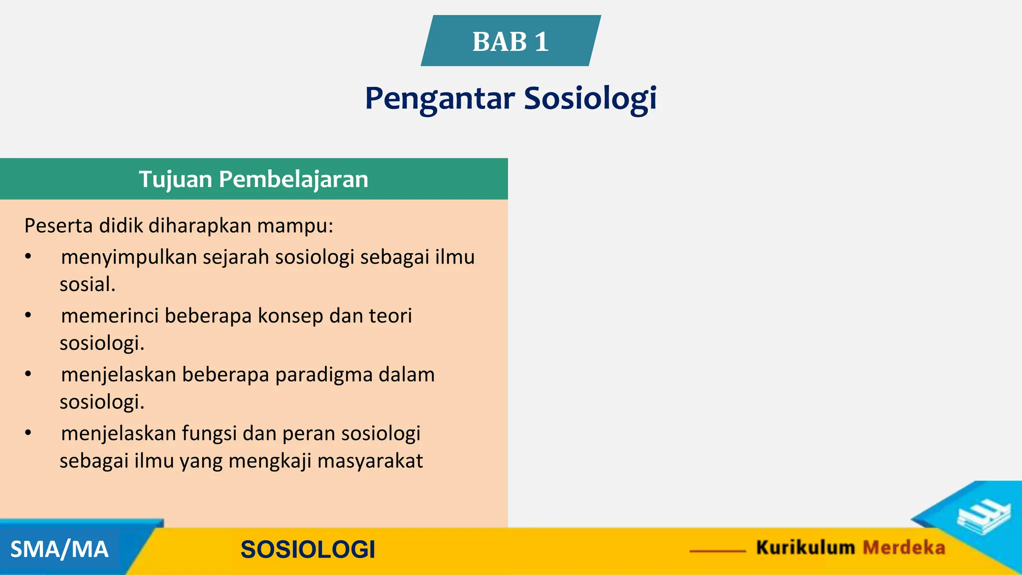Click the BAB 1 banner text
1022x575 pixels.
[510, 41]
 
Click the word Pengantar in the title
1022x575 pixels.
[440, 98]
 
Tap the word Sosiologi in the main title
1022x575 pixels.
[590, 98]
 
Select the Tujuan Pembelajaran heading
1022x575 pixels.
[254, 179]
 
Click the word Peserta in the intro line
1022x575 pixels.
[59, 226]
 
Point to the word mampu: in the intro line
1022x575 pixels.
[295, 226]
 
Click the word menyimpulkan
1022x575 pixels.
[129, 258]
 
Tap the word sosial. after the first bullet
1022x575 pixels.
[87, 285]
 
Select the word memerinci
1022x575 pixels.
[110, 316]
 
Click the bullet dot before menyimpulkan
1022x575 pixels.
[28, 257]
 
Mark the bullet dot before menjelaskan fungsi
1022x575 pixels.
[28, 433]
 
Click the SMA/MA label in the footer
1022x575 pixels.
[59, 550]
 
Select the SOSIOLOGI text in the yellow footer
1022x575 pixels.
[307, 550]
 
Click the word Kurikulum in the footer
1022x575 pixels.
[805, 548]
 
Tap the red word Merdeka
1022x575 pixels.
[904, 548]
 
